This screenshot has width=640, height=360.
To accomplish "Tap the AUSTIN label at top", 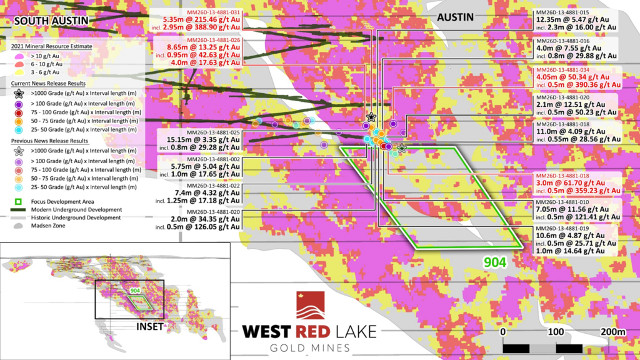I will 454,17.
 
